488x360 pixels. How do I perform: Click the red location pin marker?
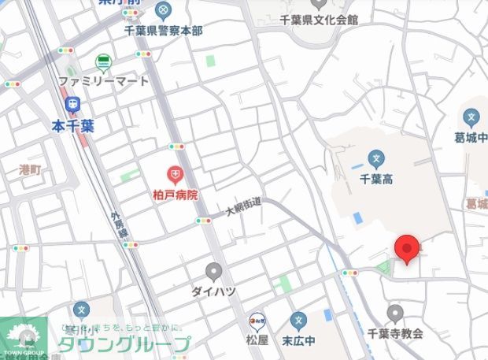pyautogui.click(x=406, y=248)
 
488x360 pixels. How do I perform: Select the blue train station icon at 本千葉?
pyautogui.click(x=73, y=103)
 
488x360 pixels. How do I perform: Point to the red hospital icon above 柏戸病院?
pyautogui.click(x=175, y=174)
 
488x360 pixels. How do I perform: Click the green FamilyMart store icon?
pyautogui.click(x=103, y=61)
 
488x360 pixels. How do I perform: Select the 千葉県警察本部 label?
pyautogui.click(x=163, y=30)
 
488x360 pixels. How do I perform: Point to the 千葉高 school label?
pyautogui.click(x=376, y=179)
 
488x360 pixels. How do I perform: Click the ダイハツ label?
pyautogui.click(x=213, y=291)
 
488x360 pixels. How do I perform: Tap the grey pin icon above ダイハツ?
pyautogui.click(x=213, y=272)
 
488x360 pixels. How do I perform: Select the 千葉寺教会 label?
pyautogui.click(x=395, y=333)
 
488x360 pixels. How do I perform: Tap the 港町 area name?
pyautogui.click(x=31, y=168)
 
